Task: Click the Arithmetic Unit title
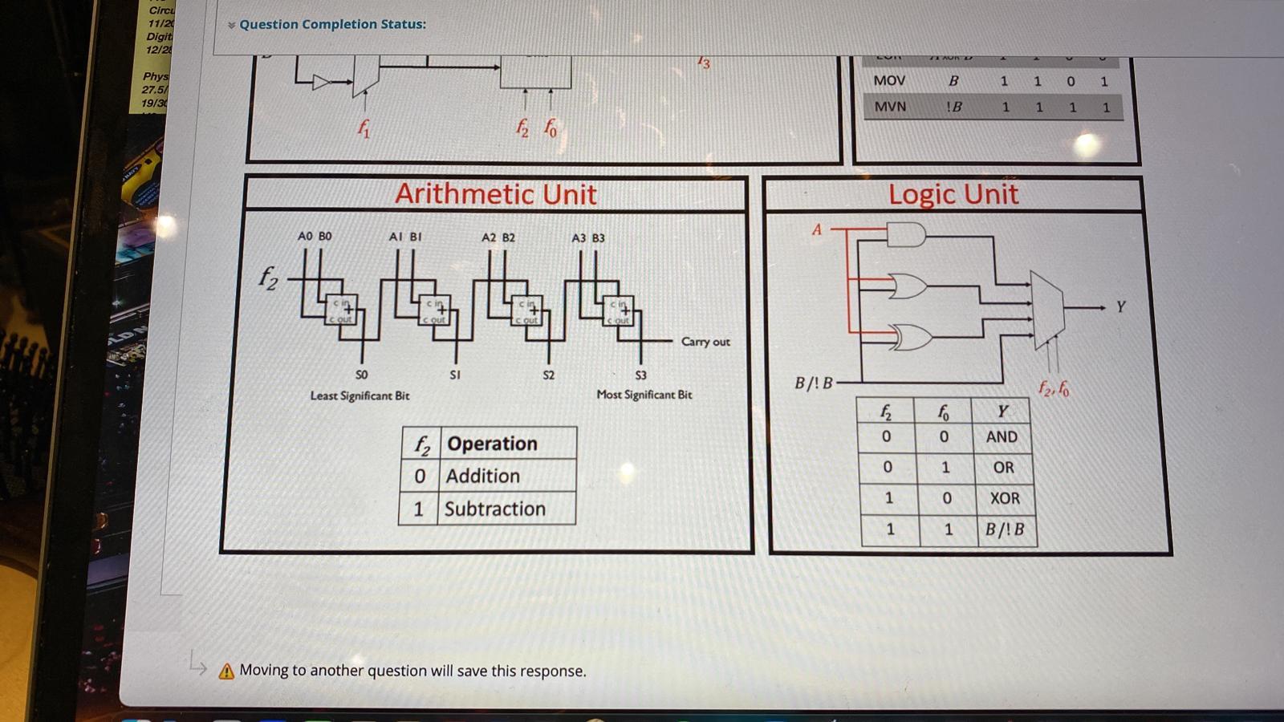495,194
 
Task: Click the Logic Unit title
953,194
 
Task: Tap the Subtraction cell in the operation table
494,509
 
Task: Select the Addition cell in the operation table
482,477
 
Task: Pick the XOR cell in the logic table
1005,498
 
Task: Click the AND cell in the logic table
1002,437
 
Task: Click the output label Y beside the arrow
1121,307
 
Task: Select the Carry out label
705,342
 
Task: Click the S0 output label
362,375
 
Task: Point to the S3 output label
640,375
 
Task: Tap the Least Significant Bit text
360,395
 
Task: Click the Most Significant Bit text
644,395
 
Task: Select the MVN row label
890,107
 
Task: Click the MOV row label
889,81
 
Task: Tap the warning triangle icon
226,671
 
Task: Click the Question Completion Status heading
332,24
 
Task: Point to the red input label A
817,230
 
